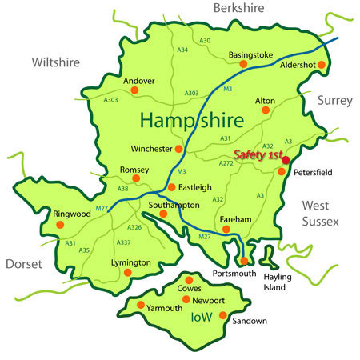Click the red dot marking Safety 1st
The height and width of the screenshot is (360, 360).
286,161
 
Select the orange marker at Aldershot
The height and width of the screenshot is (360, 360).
322,64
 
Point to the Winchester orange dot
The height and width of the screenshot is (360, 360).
179,149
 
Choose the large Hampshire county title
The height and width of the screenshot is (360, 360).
198,121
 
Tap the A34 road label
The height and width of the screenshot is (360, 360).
182,50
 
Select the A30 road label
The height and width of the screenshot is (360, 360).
206,40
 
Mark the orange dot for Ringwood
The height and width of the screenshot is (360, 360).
59,225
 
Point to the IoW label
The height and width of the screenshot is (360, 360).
202,317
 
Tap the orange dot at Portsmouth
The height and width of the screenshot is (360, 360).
244,261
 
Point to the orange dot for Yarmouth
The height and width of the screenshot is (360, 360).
141,306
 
